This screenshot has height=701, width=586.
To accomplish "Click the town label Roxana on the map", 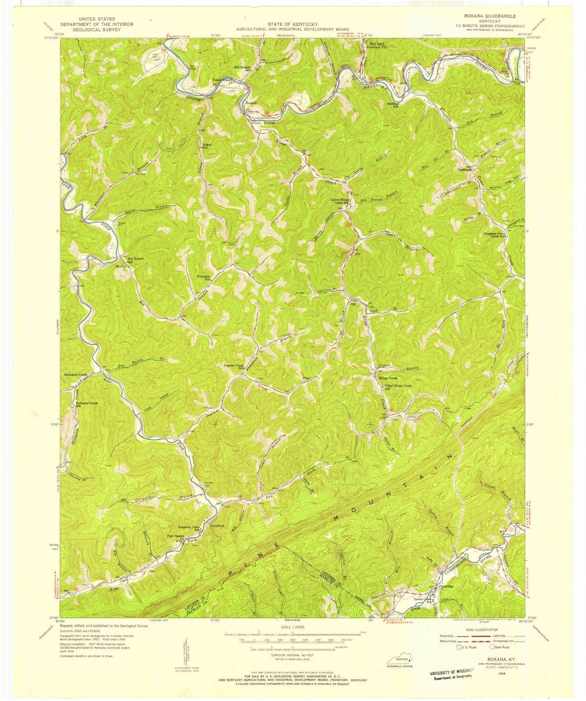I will pyautogui.click(x=251, y=103).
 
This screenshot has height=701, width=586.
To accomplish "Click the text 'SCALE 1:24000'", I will pyautogui.click(x=292, y=627).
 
